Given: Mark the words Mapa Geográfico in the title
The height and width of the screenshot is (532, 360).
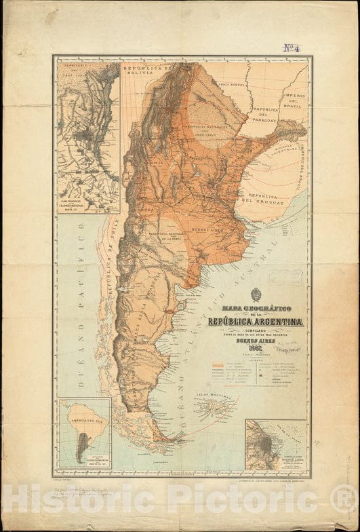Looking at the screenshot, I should pyautogui.click(x=256, y=311).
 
